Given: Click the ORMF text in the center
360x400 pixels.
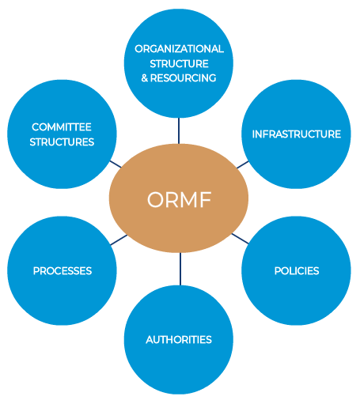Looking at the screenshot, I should pos(179,200).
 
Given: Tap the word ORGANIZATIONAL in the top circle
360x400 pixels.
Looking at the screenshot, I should pos(179,49).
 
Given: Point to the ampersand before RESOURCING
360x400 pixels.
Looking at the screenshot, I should pos(145,77).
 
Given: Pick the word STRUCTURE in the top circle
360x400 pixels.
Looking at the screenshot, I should pos(179,63).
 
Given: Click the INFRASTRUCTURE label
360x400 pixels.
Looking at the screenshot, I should pos(296,134).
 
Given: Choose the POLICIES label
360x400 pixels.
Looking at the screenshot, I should pos(296,271).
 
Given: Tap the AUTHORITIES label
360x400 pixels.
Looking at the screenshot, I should pos(179,340).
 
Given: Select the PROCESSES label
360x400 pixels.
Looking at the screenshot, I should pos(62,271).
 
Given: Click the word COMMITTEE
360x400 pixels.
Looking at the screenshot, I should pos(62,127).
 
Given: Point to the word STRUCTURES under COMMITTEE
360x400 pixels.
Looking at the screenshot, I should pos(62,142).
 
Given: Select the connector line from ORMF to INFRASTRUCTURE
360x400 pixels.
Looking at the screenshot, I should pos(242,165).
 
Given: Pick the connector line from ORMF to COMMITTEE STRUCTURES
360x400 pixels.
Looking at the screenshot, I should pos(116,164).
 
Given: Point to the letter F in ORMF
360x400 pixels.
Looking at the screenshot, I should pos(206,200).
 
